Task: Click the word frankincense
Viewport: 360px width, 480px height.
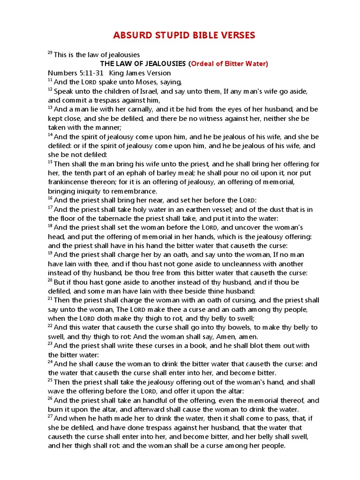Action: pos(69,182)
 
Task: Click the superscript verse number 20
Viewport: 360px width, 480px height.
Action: pos(50,280)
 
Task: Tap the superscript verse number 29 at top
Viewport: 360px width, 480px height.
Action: pos(50,53)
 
